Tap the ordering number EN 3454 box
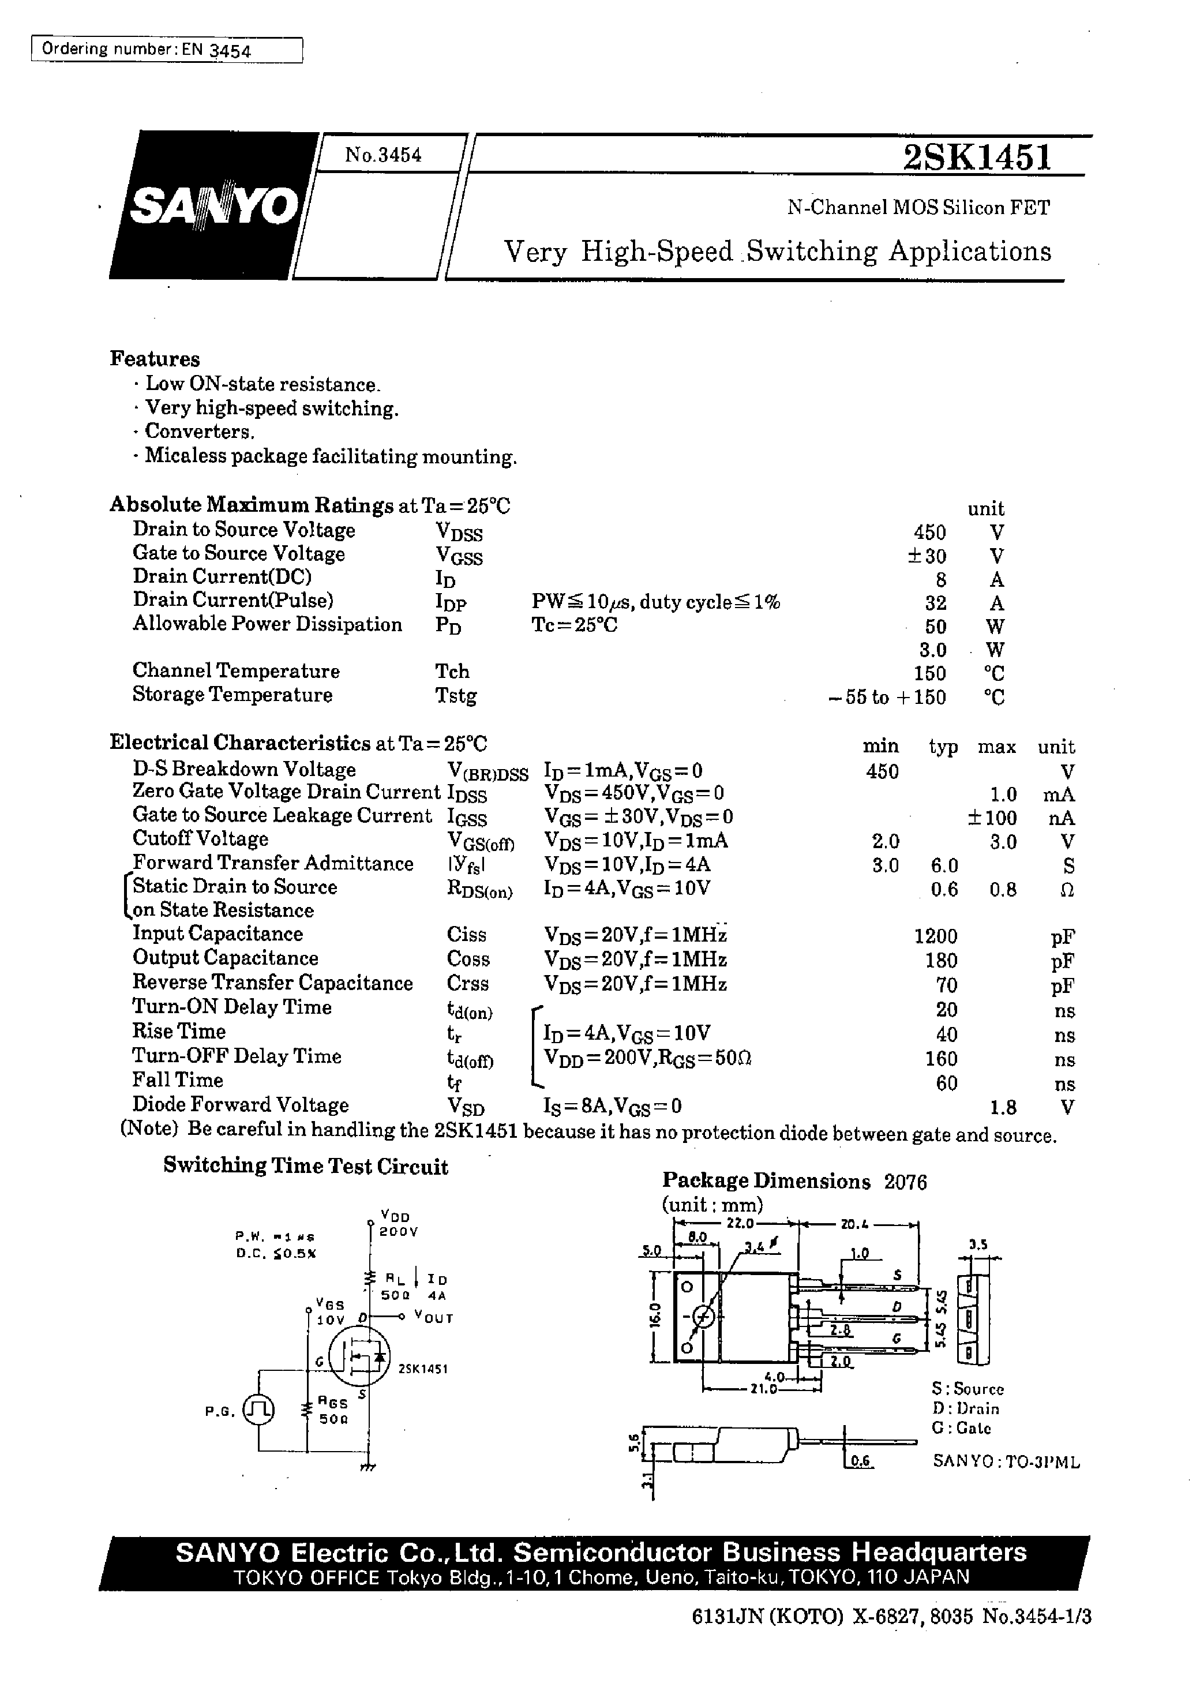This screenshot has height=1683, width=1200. pos(167,50)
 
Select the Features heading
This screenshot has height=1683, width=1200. pos(155,359)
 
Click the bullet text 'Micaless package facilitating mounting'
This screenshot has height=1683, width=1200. pos(331,456)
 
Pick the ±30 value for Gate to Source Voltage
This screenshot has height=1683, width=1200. pos(927,556)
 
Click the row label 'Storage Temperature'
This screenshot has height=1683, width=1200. pos(232,695)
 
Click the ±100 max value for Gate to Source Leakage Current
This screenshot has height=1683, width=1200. pos(992,818)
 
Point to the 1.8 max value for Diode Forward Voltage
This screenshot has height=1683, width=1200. pos(1003,1107)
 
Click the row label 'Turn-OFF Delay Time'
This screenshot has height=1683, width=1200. pos(237,1056)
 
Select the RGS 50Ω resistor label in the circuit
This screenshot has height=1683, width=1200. pos(333,1411)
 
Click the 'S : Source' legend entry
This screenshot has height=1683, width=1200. pos(967,1389)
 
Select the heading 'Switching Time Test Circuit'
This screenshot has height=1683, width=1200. pos(305,1167)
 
